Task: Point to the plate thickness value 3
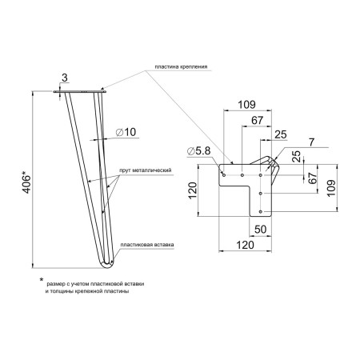[x=65, y=78]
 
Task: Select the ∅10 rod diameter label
[x=126, y=132]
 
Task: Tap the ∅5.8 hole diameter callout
[x=199, y=151]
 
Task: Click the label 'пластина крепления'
[x=181, y=66]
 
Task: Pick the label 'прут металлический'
[x=146, y=170]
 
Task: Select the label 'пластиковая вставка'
[x=147, y=245]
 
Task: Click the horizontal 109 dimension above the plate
[x=246, y=105]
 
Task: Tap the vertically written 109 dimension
[x=331, y=188]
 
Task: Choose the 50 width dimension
[x=260, y=230]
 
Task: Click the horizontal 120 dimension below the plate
[x=246, y=245]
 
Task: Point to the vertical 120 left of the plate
[x=192, y=190]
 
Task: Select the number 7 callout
[x=312, y=142]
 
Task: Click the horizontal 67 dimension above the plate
[x=258, y=121]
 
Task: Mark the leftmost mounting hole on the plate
[x=224, y=175]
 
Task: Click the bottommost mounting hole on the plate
[x=261, y=211]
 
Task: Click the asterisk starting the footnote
[x=42, y=279]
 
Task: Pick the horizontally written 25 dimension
[x=281, y=134]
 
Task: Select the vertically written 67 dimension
[x=313, y=178]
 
